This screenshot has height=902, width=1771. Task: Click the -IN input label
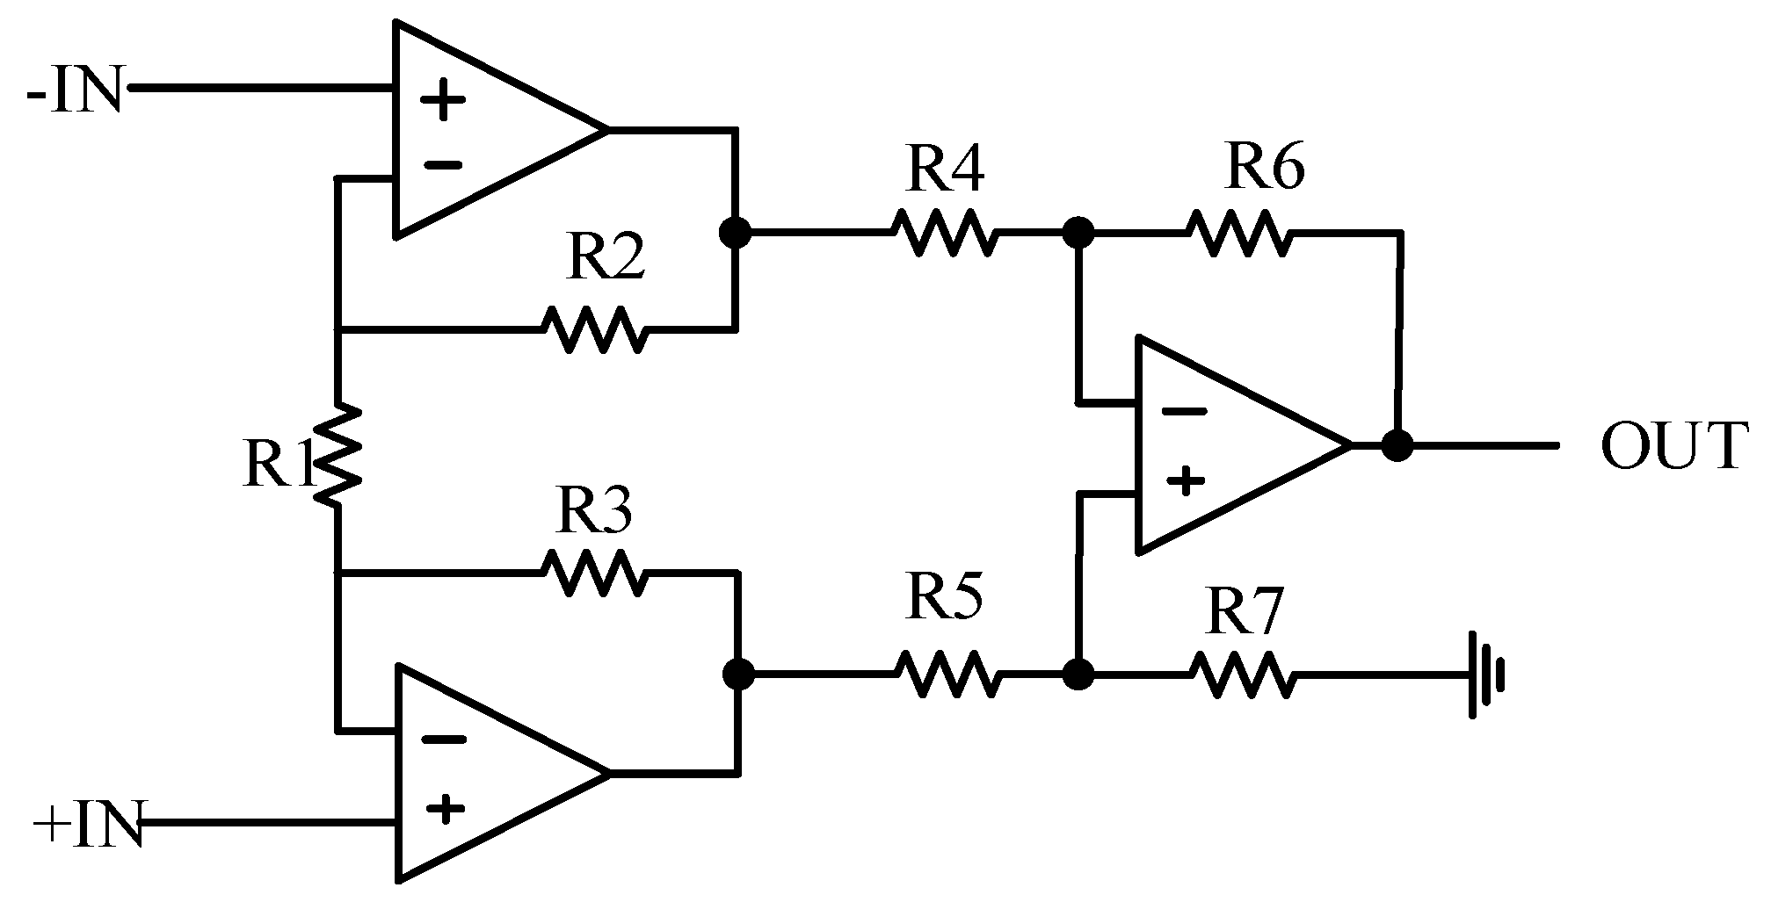[75, 90]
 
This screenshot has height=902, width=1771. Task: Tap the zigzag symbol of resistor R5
[947, 674]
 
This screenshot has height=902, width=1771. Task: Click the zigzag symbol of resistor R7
[1242, 675]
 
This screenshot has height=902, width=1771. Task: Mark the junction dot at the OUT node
[1397, 445]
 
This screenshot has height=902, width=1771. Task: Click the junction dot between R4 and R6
[1078, 233]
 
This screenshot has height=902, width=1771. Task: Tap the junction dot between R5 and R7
[1078, 675]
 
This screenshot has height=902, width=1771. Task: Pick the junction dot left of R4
[735, 233]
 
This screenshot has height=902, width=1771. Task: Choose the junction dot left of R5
[738, 675]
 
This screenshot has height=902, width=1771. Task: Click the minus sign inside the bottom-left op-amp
[444, 739]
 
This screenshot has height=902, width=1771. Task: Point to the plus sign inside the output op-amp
[1186, 480]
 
